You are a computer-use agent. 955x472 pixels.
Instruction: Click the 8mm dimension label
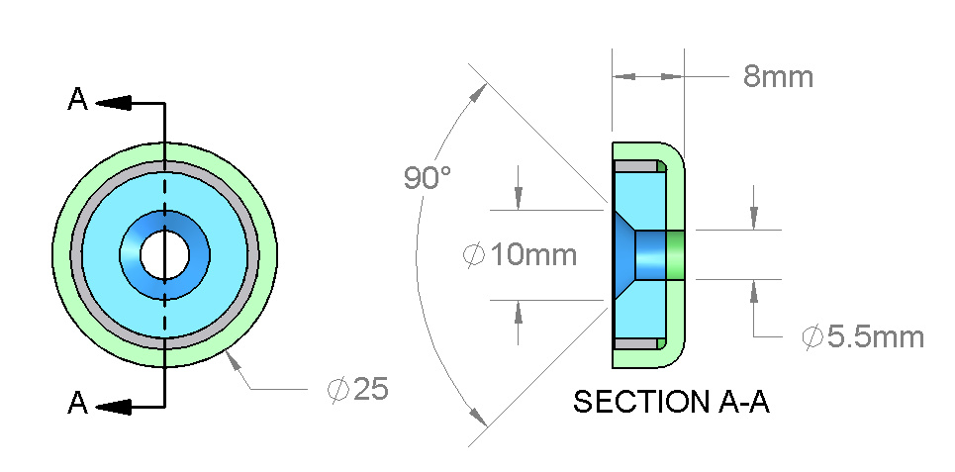point(778,77)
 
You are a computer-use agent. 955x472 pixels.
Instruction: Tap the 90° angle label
point(428,177)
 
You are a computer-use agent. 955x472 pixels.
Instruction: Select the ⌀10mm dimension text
point(520,254)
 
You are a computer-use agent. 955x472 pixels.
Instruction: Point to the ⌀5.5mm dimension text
point(863,336)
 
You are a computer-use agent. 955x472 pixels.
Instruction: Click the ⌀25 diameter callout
point(357,389)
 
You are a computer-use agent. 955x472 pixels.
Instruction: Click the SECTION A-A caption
point(671,402)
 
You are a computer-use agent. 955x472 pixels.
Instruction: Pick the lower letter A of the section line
point(77,403)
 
